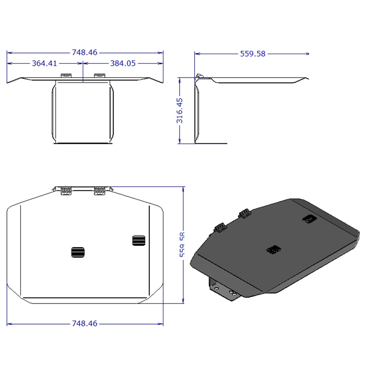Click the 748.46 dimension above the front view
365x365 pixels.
coord(84,52)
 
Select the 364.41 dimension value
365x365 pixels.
coord(44,63)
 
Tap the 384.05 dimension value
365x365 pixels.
coord(123,63)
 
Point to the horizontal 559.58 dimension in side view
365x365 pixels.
coord(253,54)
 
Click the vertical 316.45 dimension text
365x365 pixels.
coord(180,110)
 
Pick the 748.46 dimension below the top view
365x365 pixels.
coord(84,324)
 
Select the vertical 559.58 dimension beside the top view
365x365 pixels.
coord(182,245)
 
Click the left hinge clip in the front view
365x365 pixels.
coord(66,76)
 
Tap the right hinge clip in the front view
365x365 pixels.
coord(99,76)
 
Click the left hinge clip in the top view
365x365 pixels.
coord(66,191)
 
